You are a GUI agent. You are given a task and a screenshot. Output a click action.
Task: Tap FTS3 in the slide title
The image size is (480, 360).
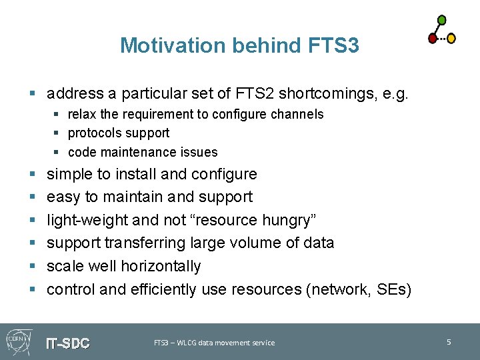[335, 45]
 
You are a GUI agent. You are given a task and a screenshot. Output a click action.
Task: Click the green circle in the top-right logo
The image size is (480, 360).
[442, 20]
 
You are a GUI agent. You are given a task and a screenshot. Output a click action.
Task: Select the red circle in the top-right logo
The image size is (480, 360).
[433, 39]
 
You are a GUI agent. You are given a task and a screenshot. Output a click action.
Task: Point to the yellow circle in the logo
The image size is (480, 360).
[451, 39]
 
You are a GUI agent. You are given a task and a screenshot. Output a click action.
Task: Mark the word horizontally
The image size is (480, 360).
[161, 266]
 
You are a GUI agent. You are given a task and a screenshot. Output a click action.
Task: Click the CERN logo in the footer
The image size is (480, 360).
[18, 341]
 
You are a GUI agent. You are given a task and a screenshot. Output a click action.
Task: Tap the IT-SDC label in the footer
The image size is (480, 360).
[67, 344]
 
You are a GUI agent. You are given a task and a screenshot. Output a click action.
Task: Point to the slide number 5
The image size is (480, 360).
[449, 342]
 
